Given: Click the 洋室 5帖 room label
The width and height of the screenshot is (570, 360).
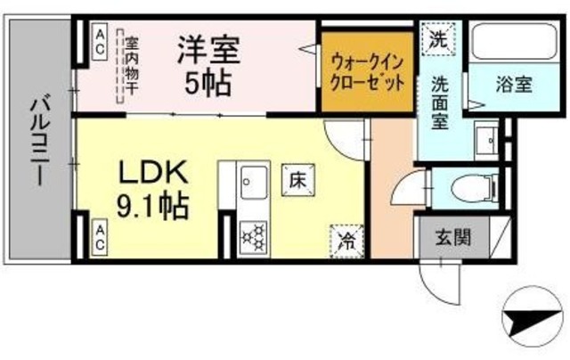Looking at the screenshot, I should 208,65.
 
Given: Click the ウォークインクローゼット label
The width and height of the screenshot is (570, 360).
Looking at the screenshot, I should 368,72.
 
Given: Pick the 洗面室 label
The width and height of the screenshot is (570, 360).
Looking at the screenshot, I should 443,100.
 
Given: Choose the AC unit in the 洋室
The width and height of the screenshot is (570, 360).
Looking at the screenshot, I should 101,40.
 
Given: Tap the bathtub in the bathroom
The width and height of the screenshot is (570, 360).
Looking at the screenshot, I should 511,41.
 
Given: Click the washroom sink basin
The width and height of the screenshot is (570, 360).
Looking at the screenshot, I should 487,139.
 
